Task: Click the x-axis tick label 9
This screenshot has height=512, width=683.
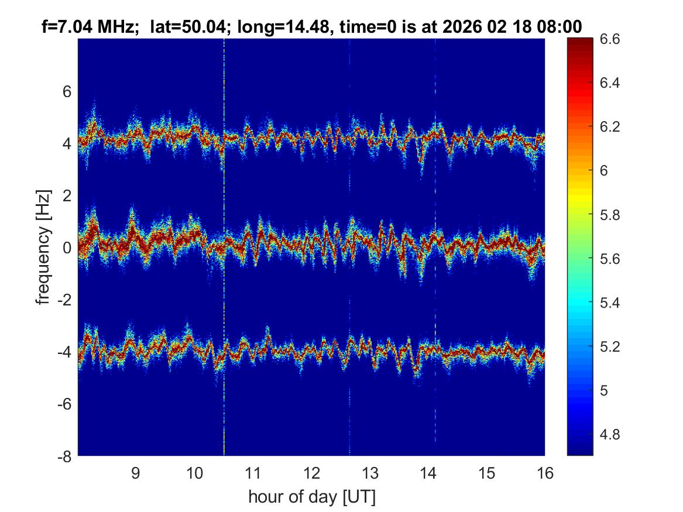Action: coord(135,473)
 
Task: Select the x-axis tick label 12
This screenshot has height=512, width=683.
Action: coord(311,473)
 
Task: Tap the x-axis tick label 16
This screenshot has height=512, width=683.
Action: coord(545,473)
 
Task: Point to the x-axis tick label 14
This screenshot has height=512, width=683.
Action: coord(428,473)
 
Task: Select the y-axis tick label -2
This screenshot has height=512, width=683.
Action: coord(64,300)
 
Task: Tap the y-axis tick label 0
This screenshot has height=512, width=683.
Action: coord(67,248)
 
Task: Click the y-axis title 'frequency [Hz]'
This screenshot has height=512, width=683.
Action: coord(43,247)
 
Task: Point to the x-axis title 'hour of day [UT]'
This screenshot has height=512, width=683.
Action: coord(311,497)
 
